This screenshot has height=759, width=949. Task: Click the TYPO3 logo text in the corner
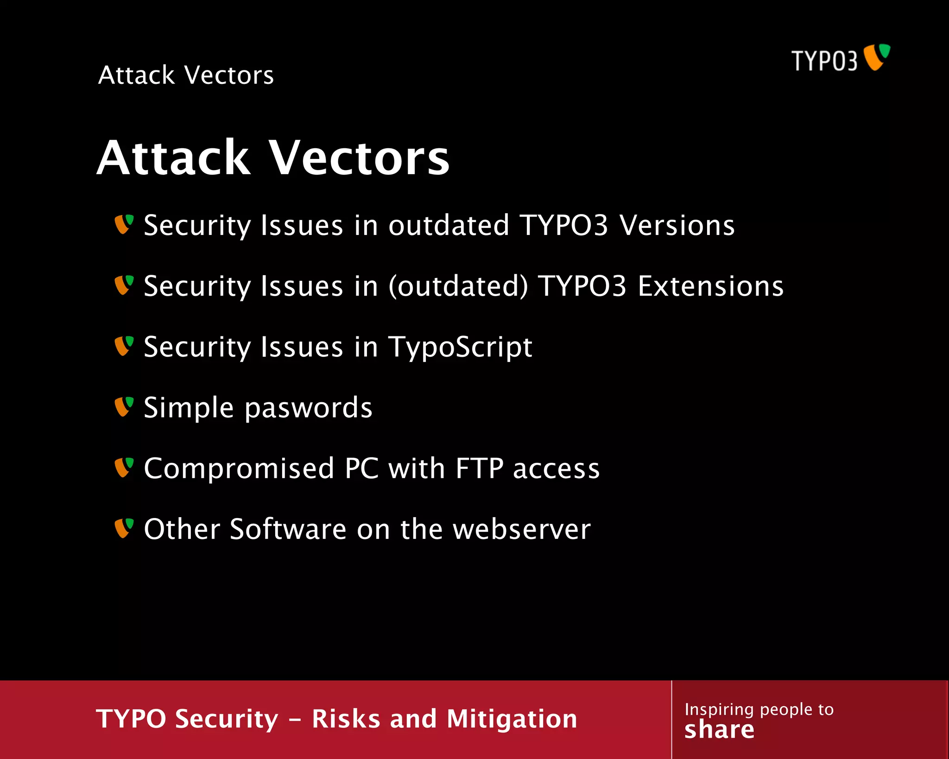824,61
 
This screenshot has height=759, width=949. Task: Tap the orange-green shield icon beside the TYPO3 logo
876,57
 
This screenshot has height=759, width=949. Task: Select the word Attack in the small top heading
136,75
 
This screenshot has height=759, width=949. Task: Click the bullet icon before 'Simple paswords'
124,407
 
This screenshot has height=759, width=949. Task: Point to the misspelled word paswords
308,408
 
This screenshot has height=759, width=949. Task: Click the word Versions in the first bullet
677,225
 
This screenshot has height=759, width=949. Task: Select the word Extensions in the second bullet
710,286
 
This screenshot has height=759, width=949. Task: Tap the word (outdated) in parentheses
458,286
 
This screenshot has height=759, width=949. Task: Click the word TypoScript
460,348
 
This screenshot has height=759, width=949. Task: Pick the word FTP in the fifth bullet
479,468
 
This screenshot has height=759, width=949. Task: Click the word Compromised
239,468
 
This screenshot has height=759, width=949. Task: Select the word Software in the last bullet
288,529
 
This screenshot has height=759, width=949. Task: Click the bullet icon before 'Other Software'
124,528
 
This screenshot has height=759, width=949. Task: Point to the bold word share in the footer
719,730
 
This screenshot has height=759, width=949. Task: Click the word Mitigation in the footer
512,719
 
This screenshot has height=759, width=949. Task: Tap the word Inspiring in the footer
719,709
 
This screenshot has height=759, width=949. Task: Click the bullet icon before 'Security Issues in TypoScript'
124,346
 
